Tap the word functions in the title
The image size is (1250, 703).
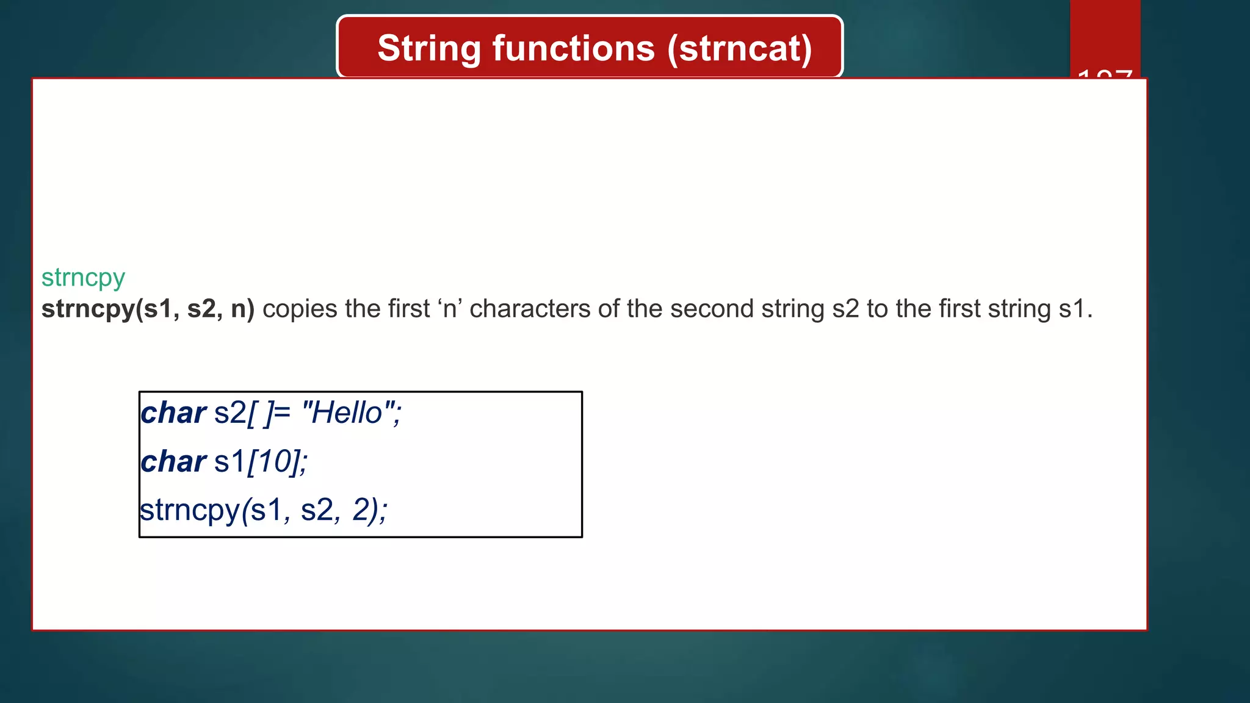(x=573, y=49)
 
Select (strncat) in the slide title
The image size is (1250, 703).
(x=739, y=49)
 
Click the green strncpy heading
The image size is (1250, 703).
(x=83, y=278)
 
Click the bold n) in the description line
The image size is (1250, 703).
(x=242, y=309)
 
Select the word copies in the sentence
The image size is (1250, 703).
(x=300, y=309)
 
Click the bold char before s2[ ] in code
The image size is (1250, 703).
(x=173, y=413)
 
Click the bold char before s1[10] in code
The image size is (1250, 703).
(x=173, y=462)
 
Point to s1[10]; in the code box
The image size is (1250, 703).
(x=261, y=462)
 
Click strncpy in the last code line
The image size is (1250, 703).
(x=190, y=511)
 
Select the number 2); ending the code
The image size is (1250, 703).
(x=369, y=511)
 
